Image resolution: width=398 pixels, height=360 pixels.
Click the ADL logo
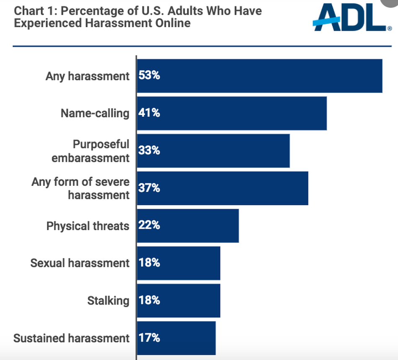pyautogui.click(x=352, y=18)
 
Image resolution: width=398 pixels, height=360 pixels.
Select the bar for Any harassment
pyautogui.click(x=259, y=76)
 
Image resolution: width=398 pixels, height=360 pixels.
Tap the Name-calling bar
pyautogui.click(x=232, y=113)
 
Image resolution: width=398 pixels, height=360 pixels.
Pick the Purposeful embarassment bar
pyautogui.click(x=213, y=151)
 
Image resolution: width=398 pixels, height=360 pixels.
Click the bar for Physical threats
pyautogui.click(x=188, y=226)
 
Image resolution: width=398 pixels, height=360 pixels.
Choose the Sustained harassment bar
pyautogui.click(x=176, y=338)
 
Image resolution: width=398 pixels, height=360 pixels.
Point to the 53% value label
pyautogui.click(x=149, y=75)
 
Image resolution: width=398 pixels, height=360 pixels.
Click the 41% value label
pyautogui.click(x=149, y=113)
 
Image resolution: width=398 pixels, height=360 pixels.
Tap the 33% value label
pyautogui.click(x=149, y=150)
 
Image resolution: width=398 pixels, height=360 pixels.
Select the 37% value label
pyautogui.click(x=149, y=188)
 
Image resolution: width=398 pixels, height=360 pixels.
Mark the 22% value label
pyautogui.click(x=149, y=225)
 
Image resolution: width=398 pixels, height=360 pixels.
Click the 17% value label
pyautogui.click(x=149, y=338)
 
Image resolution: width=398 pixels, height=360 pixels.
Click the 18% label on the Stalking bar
pyautogui.click(x=149, y=300)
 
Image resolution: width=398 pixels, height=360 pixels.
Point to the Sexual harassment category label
pyautogui.click(x=80, y=263)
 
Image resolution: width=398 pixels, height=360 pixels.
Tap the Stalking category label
pyautogui.click(x=109, y=301)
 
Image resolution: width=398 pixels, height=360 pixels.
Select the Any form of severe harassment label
pyautogui.click(x=80, y=188)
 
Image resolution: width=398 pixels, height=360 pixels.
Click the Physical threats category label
pyautogui.click(x=88, y=226)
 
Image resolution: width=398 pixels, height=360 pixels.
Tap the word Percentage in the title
pyautogui.click(x=94, y=11)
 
